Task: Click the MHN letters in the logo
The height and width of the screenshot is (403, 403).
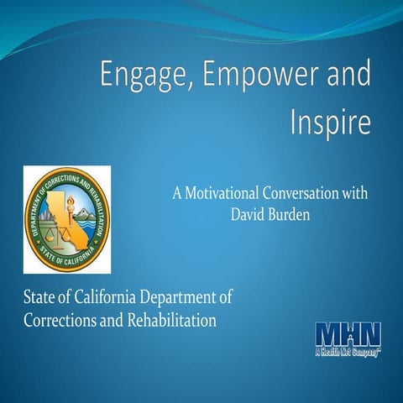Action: click(x=348, y=332)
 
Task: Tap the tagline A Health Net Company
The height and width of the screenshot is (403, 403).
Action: click(x=348, y=351)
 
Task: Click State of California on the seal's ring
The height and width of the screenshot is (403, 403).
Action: click(x=67, y=257)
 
